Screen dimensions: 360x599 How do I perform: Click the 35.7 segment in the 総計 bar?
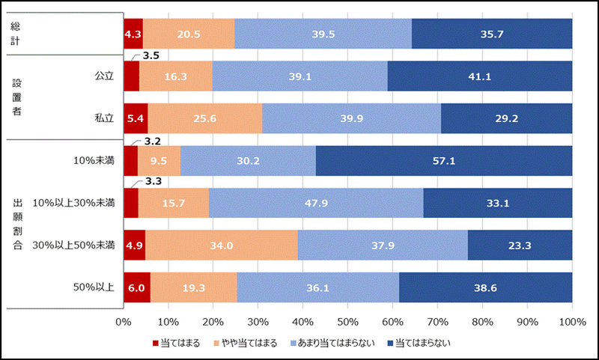492,34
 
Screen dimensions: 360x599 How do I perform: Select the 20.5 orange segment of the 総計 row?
189,34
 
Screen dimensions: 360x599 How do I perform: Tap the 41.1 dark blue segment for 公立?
480,76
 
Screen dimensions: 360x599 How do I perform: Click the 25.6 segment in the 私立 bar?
205,118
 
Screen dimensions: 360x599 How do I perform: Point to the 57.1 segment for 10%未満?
444,161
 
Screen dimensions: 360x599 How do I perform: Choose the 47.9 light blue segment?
316,203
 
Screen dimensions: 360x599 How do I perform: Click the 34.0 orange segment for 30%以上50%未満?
222,245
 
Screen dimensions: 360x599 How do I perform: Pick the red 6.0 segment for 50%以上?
136,287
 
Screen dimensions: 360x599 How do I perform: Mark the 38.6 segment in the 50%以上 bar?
486,287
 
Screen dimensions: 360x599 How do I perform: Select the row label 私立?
103,118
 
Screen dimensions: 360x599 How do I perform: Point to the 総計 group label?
15,34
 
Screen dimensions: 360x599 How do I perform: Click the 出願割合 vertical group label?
16,224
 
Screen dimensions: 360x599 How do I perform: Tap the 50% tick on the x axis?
347,323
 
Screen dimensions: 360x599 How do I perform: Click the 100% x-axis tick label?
571,323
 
